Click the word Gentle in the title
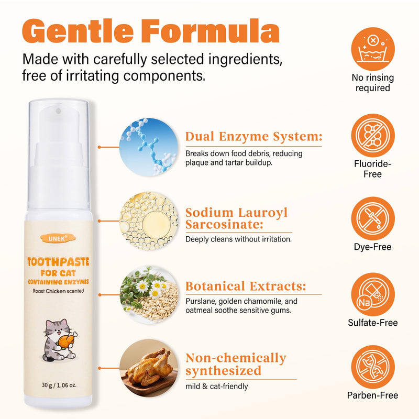point(78,31)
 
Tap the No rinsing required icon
point(373,49)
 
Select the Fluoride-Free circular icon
point(373,136)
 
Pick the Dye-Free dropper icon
point(373,218)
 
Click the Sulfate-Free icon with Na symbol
point(373,294)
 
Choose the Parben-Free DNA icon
point(373,367)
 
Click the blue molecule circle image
point(149,147)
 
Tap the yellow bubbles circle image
point(149,221)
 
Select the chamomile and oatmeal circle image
point(149,295)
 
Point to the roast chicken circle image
point(149,368)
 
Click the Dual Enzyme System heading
point(254,137)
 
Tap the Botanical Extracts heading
point(246,286)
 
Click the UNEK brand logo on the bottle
point(58,238)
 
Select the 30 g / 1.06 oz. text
point(59,385)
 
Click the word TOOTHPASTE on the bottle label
point(58,262)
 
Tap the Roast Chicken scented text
point(58,291)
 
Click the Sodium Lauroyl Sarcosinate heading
point(237,218)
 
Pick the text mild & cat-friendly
point(217,386)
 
